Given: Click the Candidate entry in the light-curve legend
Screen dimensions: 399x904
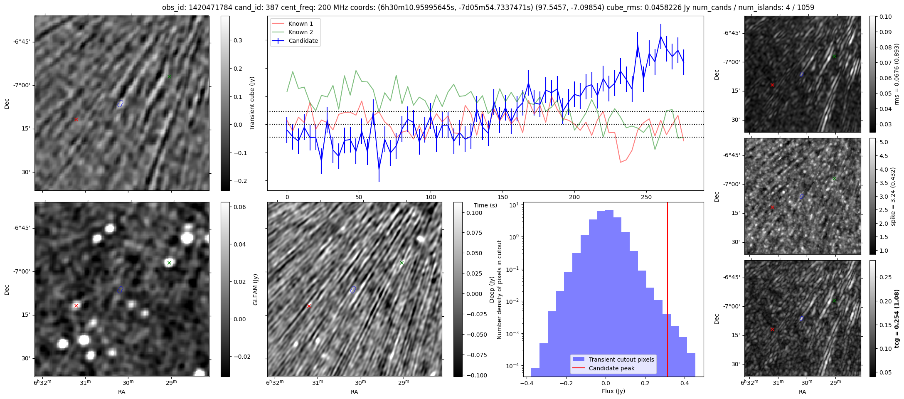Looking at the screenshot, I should point(303,41).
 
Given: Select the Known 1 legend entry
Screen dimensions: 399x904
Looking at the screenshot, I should point(301,24).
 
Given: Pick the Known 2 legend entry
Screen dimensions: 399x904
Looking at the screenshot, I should point(301,32).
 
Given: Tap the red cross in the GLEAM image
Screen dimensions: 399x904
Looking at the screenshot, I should point(76,305).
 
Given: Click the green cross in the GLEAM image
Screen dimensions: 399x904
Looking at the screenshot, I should point(169,263).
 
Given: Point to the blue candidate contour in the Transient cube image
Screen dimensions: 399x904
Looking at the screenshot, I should point(120,103).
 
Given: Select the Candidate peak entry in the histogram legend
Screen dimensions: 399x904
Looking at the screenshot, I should point(611,368).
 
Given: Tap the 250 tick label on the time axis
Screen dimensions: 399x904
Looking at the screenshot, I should point(646,197).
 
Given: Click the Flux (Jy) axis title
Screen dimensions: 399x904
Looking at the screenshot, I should point(613,391).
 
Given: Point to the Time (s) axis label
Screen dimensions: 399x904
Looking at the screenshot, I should point(485,205).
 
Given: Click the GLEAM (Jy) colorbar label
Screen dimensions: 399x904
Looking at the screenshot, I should point(255,289).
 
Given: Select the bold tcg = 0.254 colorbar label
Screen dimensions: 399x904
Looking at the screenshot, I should point(897,318).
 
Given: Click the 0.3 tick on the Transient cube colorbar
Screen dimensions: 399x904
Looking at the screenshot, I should point(238,40).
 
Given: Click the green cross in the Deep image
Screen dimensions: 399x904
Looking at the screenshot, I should point(402,263).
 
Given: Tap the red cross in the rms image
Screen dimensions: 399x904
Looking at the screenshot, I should point(772,85).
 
